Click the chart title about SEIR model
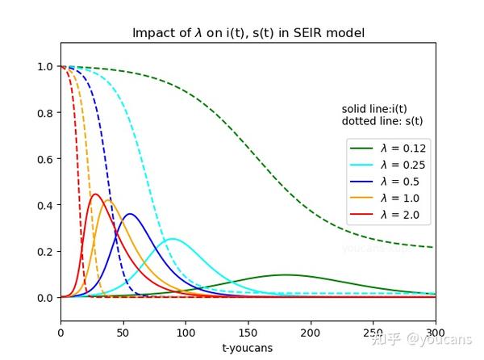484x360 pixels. click(248, 33)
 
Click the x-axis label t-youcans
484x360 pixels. click(248, 348)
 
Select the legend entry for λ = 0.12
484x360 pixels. click(387, 148)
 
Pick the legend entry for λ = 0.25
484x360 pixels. click(387, 165)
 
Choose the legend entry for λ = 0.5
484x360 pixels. click(387, 182)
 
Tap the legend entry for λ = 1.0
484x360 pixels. click(387, 199)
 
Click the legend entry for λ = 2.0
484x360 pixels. click(387, 216)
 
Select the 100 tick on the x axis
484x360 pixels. click(186, 332)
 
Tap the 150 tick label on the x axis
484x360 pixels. click(248, 332)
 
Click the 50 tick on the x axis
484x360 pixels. click(123, 332)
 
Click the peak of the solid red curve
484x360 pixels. click(95, 194)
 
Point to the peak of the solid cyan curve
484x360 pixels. click(171, 239)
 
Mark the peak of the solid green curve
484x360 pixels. click(285, 275)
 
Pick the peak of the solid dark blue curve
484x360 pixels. click(128, 214)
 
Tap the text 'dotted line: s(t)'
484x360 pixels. click(382, 121)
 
